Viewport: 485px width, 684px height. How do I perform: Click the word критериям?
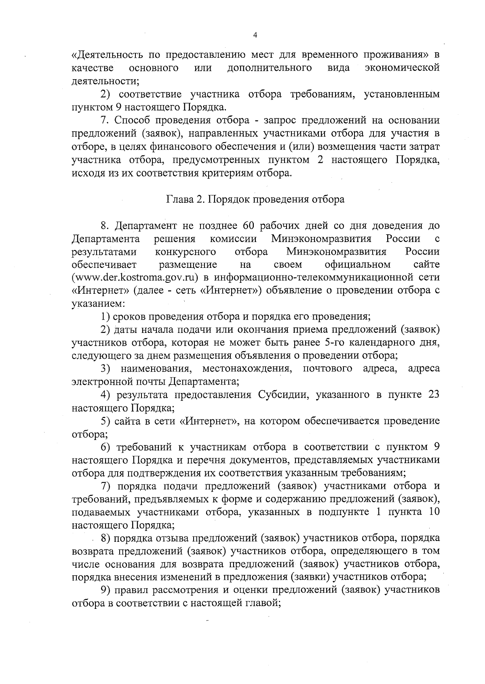click(233, 173)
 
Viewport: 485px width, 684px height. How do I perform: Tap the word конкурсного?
click(186, 252)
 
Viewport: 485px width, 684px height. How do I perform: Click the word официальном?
click(358, 265)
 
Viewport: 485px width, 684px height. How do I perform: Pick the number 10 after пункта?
click(433, 512)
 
